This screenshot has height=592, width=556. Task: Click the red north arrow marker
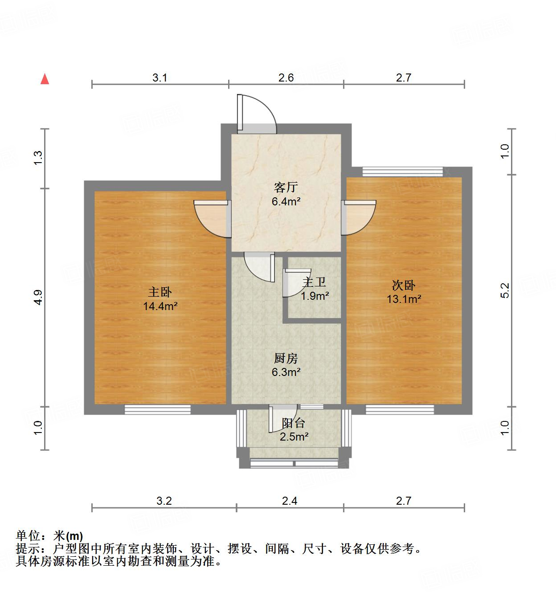[45, 79]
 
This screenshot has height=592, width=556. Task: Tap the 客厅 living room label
[286, 188]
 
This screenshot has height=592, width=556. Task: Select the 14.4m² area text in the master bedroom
[160, 306]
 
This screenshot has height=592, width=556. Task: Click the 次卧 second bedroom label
[404, 285]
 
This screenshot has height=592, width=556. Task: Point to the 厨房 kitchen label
[286, 358]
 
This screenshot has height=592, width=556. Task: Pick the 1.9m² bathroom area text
[315, 295]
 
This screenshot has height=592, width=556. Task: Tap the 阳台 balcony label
[294, 423]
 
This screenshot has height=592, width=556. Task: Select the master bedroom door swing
[212, 218]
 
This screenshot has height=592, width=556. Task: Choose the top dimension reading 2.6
[286, 78]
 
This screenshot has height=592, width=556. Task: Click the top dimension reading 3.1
[160, 78]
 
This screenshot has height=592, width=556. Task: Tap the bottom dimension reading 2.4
[290, 501]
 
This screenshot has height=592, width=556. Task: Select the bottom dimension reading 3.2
[164, 501]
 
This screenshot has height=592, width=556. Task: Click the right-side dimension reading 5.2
[505, 290]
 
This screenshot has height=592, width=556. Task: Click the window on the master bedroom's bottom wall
[157, 409]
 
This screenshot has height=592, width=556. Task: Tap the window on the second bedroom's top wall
[403, 171]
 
